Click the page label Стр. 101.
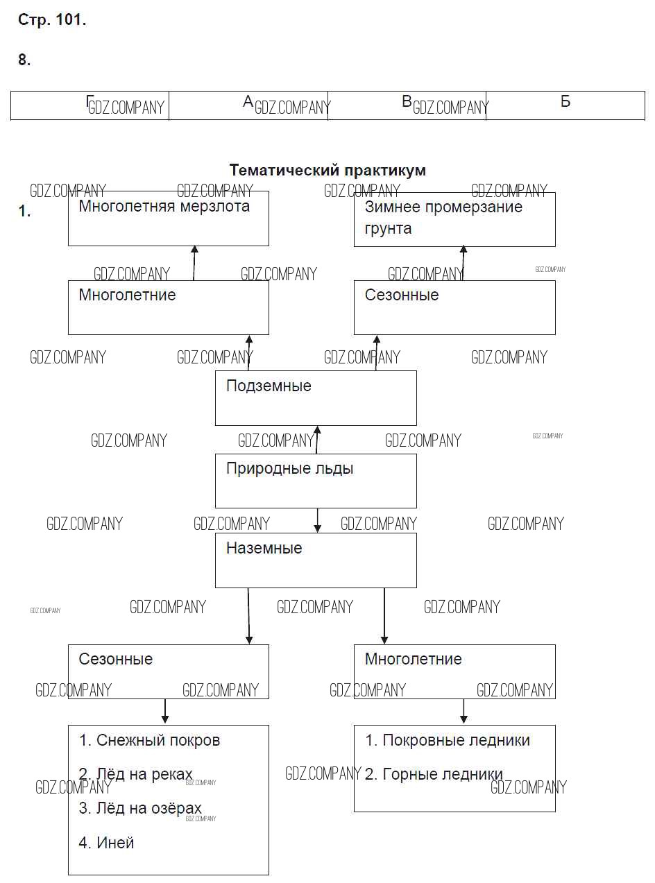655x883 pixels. pyautogui.click(x=52, y=20)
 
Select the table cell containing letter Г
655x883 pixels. pyautogui.click(x=90, y=105)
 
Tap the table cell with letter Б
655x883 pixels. pyautogui.click(x=565, y=105)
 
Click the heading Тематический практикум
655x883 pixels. pyautogui.click(x=327, y=170)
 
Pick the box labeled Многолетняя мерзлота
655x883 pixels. pyautogui.click(x=168, y=218)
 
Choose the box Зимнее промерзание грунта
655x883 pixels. pyautogui.click(x=454, y=219)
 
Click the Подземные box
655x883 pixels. pyautogui.click(x=316, y=397)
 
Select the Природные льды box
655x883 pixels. pyautogui.click(x=316, y=481)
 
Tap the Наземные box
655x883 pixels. pyautogui.click(x=316, y=560)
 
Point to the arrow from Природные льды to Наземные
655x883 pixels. pyautogui.click(x=318, y=520)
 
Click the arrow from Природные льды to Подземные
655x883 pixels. pyautogui.click(x=317, y=440)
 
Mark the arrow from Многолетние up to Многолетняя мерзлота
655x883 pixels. pyautogui.click(x=194, y=263)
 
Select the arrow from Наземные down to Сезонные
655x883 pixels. pyautogui.click(x=248, y=616)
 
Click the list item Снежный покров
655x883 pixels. pyautogui.click(x=150, y=741)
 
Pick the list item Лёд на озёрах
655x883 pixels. pyautogui.click(x=140, y=808)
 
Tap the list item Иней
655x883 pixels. pyautogui.click(x=107, y=843)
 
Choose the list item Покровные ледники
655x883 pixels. pyautogui.click(x=448, y=741)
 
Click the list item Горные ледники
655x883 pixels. pyautogui.click(x=434, y=774)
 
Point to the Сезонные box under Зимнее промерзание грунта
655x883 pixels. pyautogui.click(x=454, y=307)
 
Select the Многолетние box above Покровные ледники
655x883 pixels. pyautogui.click(x=454, y=671)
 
